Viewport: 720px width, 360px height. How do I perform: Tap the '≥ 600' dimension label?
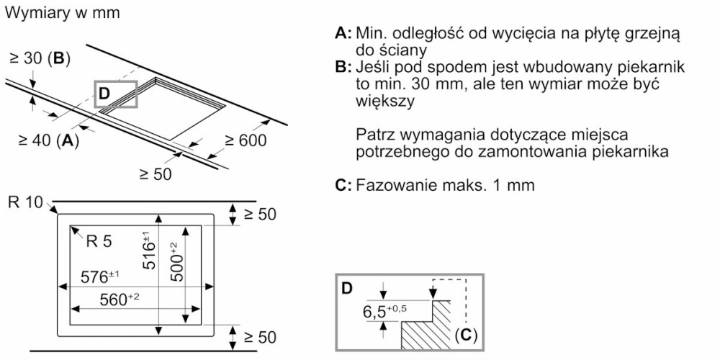click(x=245, y=140)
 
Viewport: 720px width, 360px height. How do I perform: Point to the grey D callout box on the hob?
click(x=115, y=94)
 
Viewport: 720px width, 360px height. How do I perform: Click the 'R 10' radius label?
click(x=26, y=202)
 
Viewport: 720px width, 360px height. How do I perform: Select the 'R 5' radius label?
click(x=99, y=242)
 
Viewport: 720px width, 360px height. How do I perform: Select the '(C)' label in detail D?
click(x=466, y=335)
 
